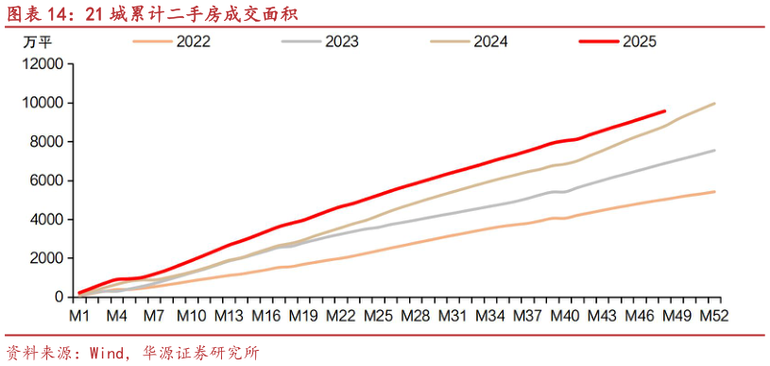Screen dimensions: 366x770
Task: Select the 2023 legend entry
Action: [x=344, y=42]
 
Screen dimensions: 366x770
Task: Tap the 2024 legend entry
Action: [x=491, y=42]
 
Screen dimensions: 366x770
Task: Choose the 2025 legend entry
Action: [x=640, y=42]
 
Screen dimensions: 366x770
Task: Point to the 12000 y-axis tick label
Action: [x=43, y=64]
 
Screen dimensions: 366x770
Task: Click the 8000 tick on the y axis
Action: [x=47, y=142]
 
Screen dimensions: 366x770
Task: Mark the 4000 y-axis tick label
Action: [x=47, y=219]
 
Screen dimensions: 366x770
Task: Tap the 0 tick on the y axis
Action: [x=59, y=297]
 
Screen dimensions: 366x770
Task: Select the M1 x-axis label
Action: [x=79, y=315]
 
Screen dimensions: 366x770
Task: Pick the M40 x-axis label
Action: [x=565, y=315]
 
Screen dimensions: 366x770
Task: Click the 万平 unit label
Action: [x=38, y=42]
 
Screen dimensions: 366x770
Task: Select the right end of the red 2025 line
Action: [x=665, y=111]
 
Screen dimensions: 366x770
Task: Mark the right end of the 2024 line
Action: [x=714, y=103]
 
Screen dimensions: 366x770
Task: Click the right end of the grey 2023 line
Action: [x=714, y=150]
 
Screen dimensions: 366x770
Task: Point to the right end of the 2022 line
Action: [x=714, y=192]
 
